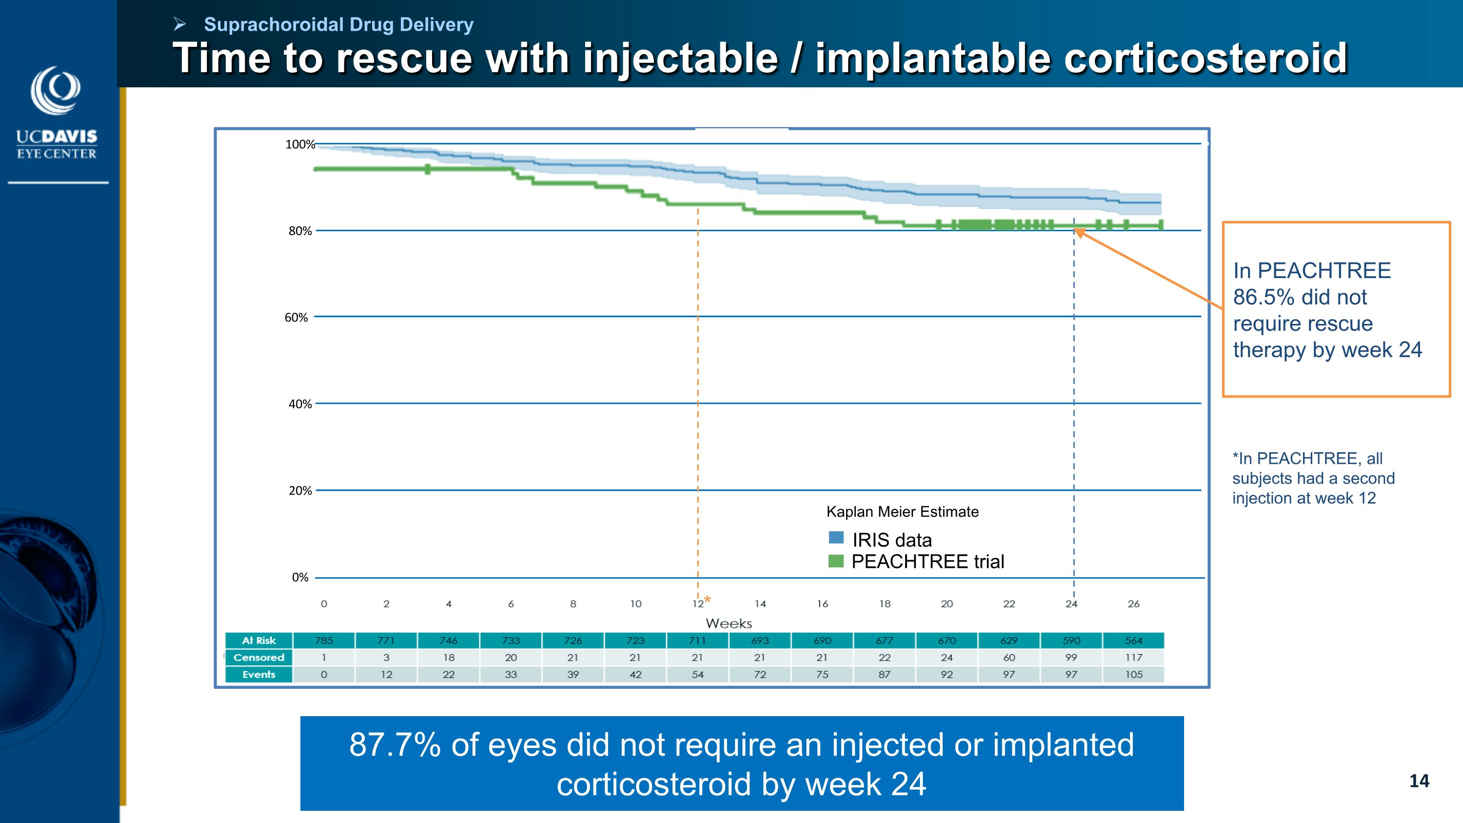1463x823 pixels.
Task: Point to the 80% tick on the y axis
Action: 300,231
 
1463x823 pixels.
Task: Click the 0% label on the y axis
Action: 300,578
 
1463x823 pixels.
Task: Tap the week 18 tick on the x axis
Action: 885,604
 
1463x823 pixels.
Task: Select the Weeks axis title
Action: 729,623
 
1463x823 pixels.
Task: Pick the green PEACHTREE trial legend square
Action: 836,561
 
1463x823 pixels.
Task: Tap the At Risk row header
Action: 259,641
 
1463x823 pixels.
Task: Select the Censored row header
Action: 259,658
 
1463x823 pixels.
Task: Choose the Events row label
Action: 259,675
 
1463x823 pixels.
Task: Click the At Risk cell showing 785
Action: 324,641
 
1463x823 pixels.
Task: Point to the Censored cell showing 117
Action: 1134,658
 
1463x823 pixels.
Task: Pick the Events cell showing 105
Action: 1134,675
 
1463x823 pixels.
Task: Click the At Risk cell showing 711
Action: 697,641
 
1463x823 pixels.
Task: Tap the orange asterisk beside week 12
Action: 708,600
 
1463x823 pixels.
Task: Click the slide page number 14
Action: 1419,781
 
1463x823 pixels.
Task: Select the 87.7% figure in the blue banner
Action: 395,745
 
